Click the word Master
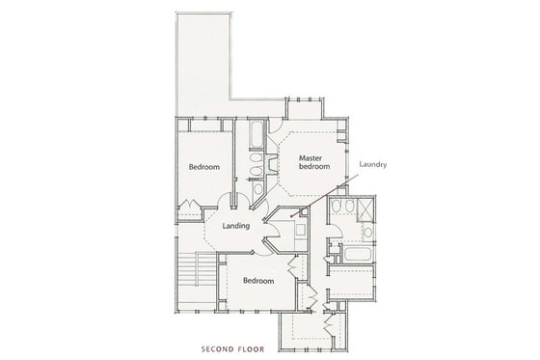310,158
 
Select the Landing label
236,227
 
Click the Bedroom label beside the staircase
258,281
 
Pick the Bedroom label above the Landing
204,167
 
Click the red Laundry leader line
318,200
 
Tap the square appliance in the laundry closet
299,231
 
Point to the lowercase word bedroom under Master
314,168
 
